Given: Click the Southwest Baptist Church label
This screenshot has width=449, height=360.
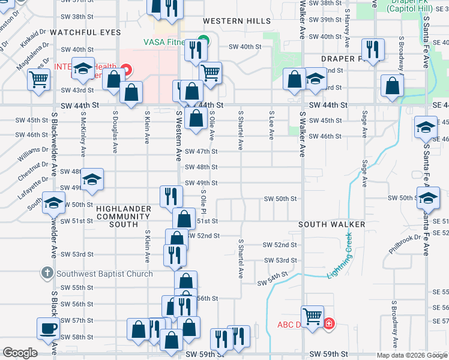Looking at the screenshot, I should (104, 274).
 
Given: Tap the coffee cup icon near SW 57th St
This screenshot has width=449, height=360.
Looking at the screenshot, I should (48, 328).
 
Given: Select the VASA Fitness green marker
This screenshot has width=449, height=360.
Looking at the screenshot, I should (203, 41).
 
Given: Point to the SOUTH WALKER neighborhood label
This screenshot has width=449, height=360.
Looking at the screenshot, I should (332, 224).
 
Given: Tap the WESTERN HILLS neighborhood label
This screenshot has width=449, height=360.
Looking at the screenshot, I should (237, 21).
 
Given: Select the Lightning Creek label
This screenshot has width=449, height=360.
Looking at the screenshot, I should (340, 256).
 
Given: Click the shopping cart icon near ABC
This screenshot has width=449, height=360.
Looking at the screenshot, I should (312, 316).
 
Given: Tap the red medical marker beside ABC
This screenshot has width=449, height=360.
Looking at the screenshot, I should (328, 325).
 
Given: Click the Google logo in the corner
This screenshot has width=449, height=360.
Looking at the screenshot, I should (20, 353).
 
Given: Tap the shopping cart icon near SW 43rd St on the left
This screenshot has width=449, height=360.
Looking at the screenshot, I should (38, 78).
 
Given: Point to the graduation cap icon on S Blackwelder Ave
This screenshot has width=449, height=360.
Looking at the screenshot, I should (53, 203).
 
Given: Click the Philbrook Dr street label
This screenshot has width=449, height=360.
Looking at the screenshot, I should (402, 244).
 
